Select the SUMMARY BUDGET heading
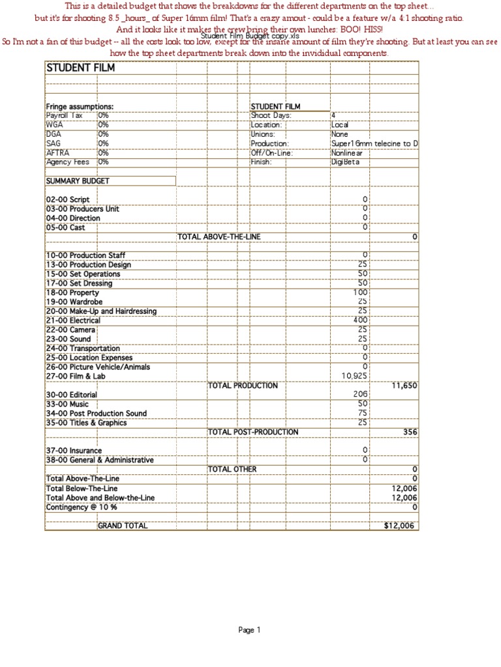click(x=78, y=180)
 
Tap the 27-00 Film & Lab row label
click(x=75, y=376)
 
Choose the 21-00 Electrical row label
click(x=73, y=320)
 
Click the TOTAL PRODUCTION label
click(x=243, y=386)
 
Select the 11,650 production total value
click(x=404, y=386)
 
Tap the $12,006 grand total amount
click(x=399, y=526)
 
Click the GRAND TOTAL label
click(x=123, y=526)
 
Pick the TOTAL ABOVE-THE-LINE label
click(x=219, y=236)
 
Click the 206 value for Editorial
click(x=361, y=395)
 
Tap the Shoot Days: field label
click(x=271, y=115)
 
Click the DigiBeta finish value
click(x=345, y=162)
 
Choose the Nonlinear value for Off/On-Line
click(x=346, y=153)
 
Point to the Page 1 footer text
click(x=249, y=630)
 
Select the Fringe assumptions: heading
click(x=80, y=106)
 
